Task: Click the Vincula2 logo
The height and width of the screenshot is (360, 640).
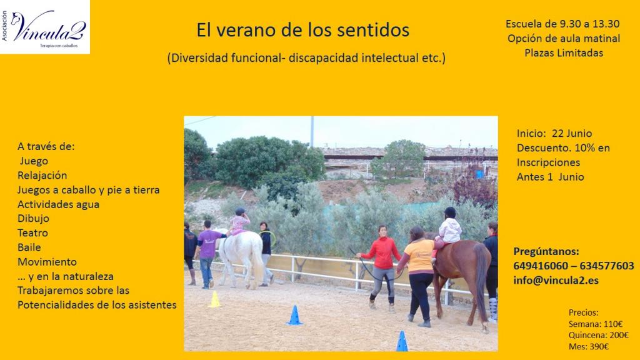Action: point(45,27)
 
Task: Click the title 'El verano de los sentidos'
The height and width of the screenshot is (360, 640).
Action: point(303,30)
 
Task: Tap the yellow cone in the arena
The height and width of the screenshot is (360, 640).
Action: point(214,299)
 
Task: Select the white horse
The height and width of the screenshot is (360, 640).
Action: point(241,255)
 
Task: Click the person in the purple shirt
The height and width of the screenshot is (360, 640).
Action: point(208,254)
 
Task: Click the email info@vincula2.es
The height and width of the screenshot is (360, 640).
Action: point(556,281)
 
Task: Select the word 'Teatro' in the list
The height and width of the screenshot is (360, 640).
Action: point(32,233)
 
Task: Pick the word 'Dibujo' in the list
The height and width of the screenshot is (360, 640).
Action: point(33,218)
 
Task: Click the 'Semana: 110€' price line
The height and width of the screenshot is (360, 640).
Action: point(596,324)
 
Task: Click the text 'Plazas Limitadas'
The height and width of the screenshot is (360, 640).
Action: point(564,53)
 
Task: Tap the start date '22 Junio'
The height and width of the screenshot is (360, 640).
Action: point(572,134)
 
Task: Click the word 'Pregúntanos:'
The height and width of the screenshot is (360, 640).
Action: point(546,251)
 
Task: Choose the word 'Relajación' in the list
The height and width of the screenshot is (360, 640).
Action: point(42,176)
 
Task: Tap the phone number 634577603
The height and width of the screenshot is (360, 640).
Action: point(607,266)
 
